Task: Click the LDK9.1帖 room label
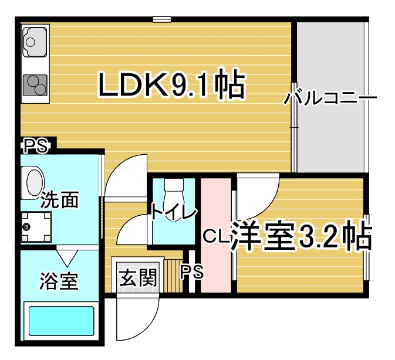(171, 84)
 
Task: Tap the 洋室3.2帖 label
(301, 236)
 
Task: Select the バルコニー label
(330, 98)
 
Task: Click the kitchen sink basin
(35, 42)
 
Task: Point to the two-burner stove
(35, 85)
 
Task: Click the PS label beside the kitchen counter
(36, 146)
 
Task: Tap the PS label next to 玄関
(192, 271)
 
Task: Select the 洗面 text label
(60, 200)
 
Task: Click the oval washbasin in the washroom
(35, 182)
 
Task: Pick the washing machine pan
(36, 227)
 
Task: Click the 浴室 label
(59, 281)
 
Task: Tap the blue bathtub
(62, 321)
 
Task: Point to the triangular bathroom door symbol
(67, 257)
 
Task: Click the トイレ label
(174, 213)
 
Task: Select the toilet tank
(174, 185)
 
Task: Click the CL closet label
(216, 236)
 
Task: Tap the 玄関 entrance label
(138, 278)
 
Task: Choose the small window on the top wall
(162, 19)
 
